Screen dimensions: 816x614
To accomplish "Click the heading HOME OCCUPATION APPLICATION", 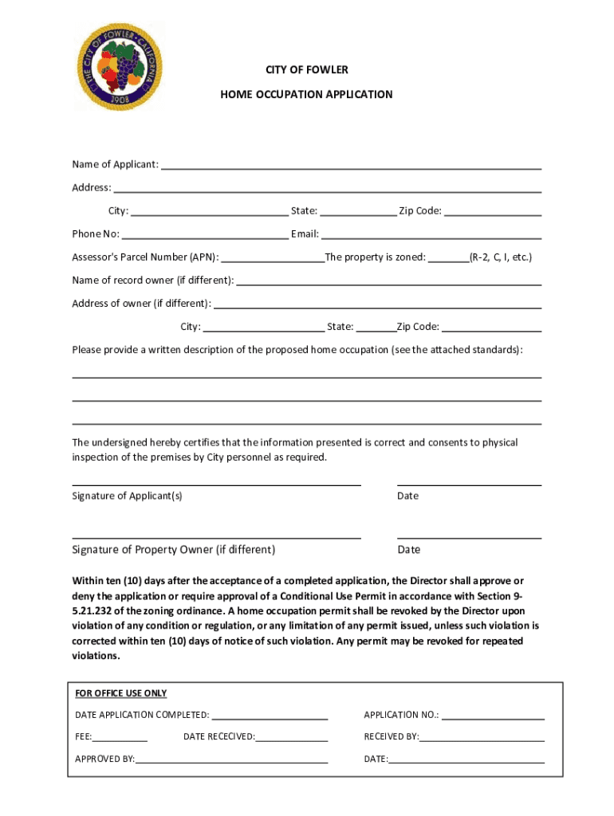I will point(306,94).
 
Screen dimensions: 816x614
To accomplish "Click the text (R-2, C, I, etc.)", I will point(500,257).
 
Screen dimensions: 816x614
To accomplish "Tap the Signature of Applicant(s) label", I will point(127,496).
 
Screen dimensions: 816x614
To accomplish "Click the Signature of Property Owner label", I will point(173,550).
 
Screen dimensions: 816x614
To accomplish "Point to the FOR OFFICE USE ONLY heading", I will point(121,693).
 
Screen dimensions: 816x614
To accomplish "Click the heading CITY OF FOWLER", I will point(307,70).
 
